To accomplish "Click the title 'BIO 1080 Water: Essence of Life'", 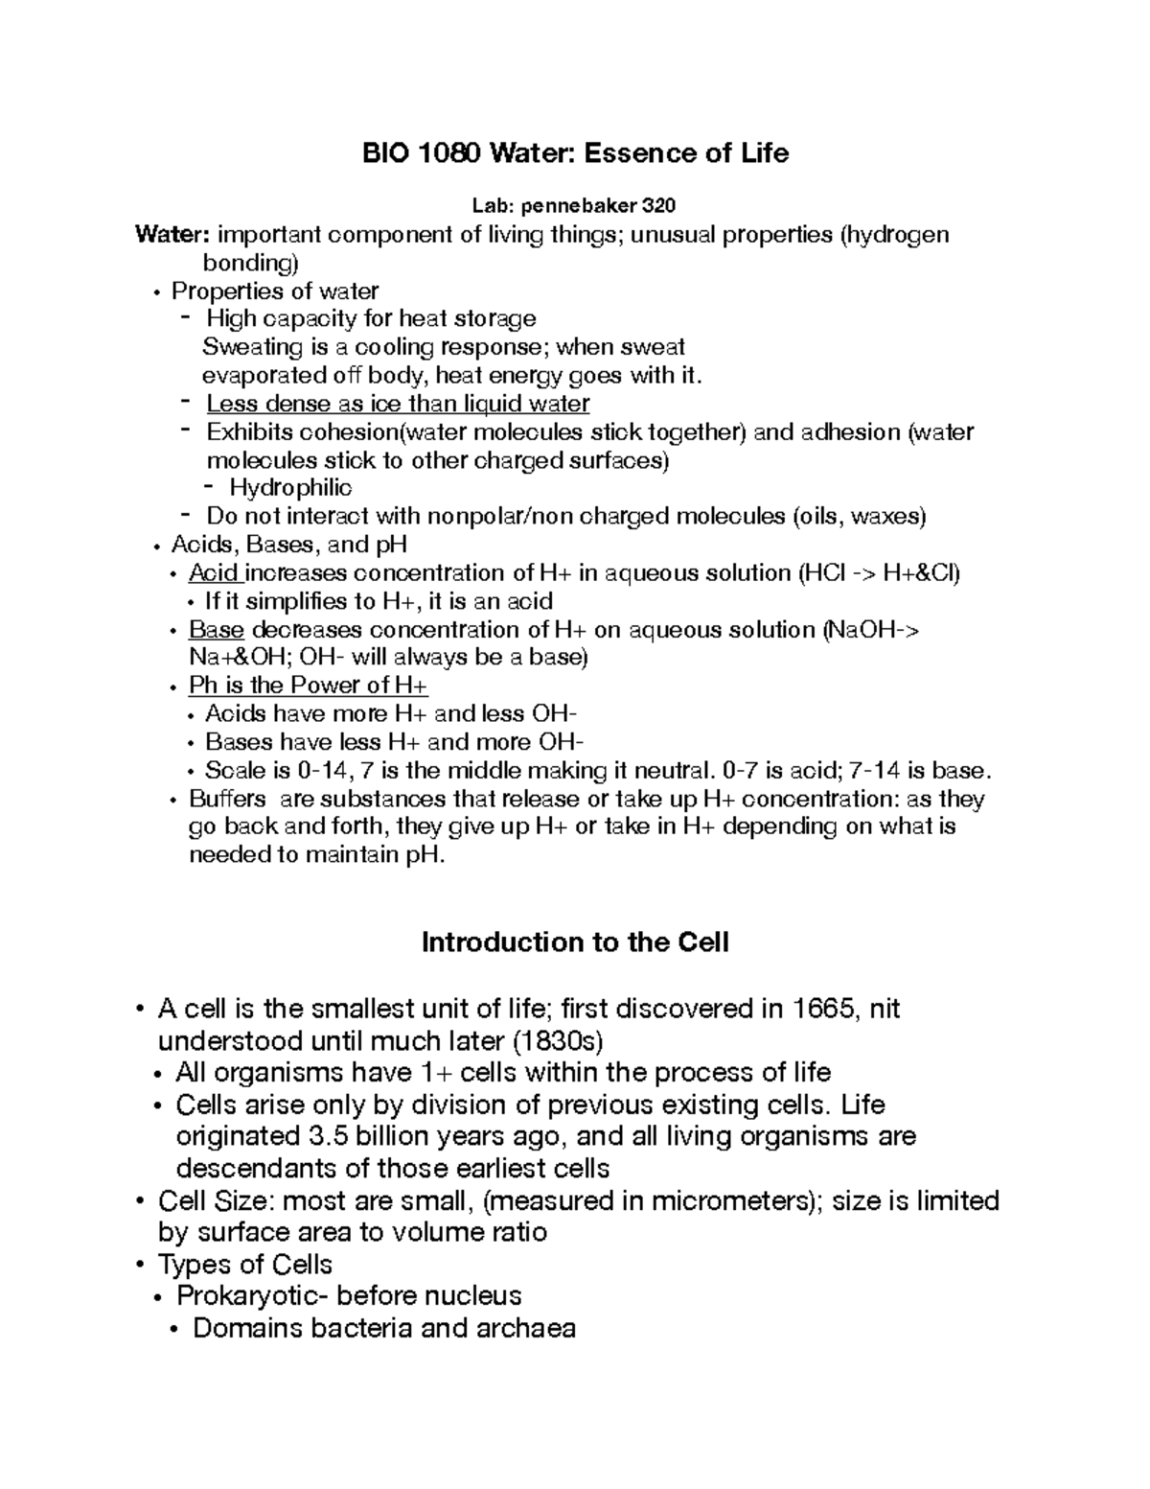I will pos(574,152).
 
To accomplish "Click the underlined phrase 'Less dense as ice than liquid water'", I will pos(398,404).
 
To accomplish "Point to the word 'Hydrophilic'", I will pos(290,488).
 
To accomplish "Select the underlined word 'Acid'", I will pos(214,573).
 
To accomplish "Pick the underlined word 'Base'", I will pos(217,630).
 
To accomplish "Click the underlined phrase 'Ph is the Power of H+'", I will pos(309,686).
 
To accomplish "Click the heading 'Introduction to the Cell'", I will pos(575,942).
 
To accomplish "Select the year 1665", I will pos(825,1009).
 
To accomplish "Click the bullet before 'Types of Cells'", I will pos(141,1265).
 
